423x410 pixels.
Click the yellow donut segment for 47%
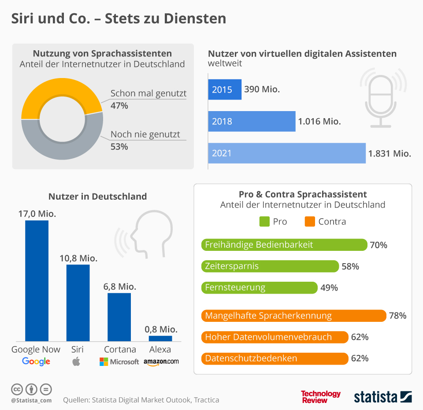[62, 90]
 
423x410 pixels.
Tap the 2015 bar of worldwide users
[225, 89]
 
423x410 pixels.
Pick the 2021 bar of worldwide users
[286, 153]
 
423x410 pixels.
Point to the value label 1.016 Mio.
[319, 121]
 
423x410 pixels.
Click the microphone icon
[380, 99]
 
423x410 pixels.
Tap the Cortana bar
[119, 317]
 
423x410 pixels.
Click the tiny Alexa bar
[160, 338]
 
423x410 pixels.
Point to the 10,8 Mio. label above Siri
[78, 258]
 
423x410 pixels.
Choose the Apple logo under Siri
[77, 362]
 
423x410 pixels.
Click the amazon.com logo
[161, 362]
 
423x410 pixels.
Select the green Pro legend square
[264, 221]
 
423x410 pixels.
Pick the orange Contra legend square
[310, 221]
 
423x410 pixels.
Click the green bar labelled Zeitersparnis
[270, 266]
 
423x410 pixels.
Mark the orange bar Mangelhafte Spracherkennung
[293, 316]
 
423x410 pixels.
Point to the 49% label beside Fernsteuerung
[329, 288]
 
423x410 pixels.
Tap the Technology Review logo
[321, 396]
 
